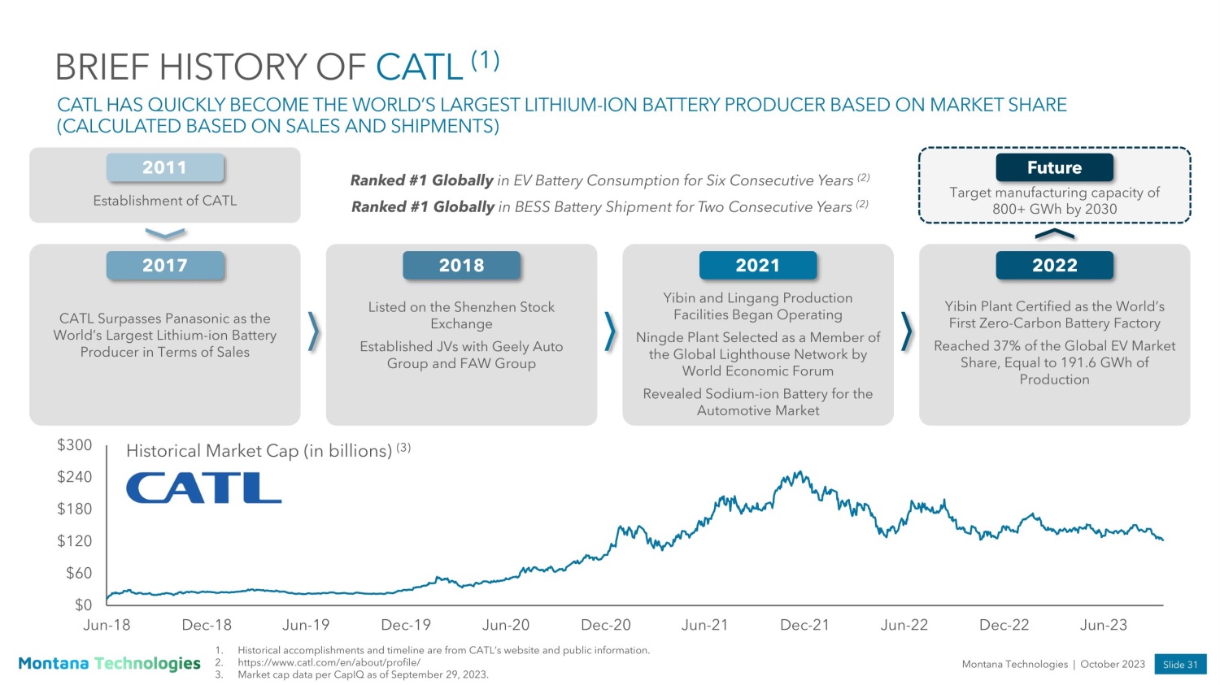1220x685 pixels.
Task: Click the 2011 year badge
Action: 165,167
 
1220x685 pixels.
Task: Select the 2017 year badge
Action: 165,266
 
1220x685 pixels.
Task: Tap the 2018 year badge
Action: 461,266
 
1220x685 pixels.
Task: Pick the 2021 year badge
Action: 757,266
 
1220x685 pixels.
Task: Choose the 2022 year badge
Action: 1054,266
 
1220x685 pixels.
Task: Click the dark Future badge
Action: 1054,167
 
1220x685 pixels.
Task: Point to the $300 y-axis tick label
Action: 74,445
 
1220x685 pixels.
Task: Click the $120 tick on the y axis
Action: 74,541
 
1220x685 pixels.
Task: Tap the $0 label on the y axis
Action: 83,605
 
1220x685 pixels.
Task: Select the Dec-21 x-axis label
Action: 804,626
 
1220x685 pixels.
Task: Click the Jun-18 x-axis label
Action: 107,626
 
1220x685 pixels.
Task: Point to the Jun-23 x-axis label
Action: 1103,626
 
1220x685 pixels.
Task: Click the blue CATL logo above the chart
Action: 203,488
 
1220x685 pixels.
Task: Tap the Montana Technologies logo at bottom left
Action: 109,664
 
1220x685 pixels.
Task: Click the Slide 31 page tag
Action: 1179,665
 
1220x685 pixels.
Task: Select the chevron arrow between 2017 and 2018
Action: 314,332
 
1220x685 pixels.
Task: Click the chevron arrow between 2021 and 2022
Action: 907,332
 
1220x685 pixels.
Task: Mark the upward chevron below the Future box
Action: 1054,235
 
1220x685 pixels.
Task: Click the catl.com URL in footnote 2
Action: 329,662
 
